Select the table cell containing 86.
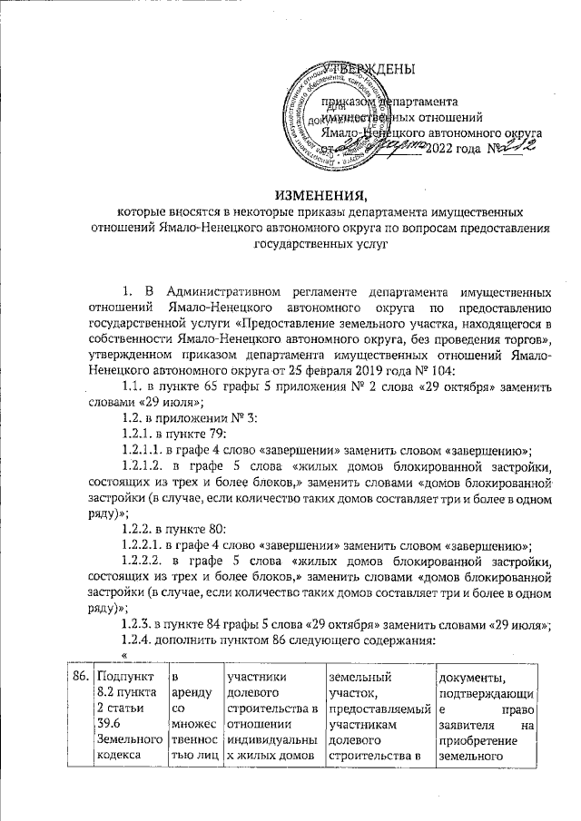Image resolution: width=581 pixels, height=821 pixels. (81, 676)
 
